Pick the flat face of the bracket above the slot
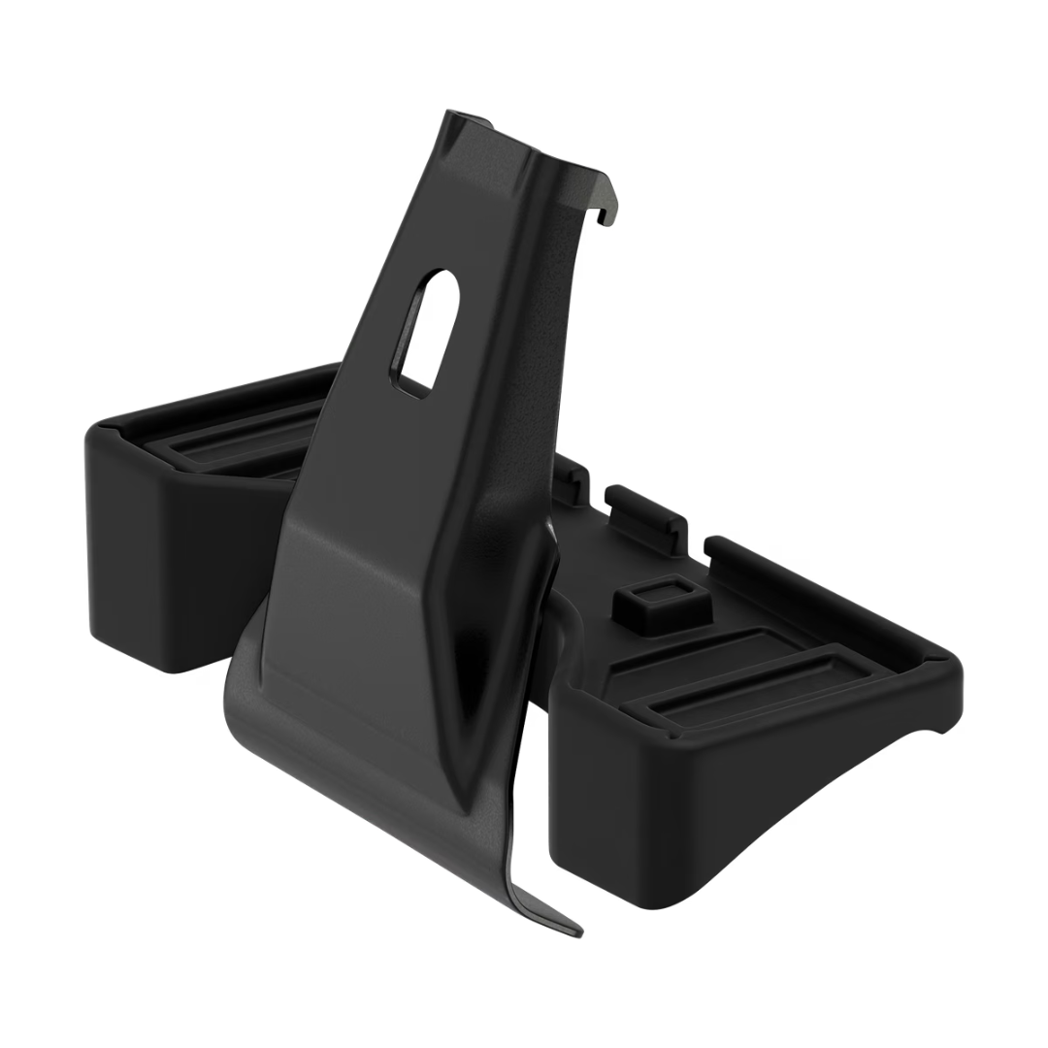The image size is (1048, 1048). (485, 194)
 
